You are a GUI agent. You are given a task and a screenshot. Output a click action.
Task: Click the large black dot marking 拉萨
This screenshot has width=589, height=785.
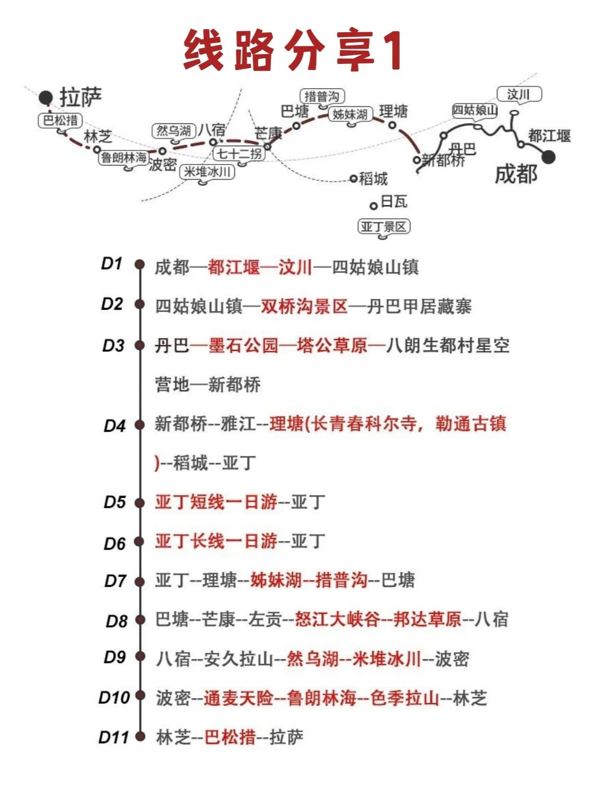click(46, 97)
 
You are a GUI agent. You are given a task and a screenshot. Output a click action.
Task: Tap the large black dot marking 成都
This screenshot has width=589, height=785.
click(548, 157)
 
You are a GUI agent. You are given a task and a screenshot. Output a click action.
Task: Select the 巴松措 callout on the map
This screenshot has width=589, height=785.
click(60, 121)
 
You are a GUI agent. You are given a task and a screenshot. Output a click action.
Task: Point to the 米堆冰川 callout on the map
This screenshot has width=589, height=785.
click(207, 172)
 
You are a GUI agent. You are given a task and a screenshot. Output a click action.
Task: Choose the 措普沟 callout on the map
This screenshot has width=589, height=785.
click(322, 96)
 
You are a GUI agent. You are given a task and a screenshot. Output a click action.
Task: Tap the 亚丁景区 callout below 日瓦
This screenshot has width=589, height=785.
click(383, 227)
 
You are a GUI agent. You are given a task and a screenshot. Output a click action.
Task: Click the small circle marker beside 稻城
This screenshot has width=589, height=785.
click(353, 178)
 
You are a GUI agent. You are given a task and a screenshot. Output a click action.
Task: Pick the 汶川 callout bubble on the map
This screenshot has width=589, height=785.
click(519, 95)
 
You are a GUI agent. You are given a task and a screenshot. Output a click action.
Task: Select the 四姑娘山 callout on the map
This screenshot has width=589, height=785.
click(475, 110)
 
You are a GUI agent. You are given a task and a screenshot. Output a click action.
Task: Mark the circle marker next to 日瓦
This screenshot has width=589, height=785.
click(374, 206)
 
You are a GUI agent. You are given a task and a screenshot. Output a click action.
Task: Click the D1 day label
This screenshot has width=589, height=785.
click(112, 263)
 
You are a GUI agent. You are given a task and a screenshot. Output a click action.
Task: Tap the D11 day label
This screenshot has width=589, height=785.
click(114, 737)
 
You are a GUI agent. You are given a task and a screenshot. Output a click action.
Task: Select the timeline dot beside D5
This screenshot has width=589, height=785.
click(140, 503)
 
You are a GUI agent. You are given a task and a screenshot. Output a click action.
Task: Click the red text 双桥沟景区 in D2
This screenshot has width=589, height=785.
click(304, 306)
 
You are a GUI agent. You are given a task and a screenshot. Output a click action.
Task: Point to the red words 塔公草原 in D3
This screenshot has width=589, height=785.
click(332, 346)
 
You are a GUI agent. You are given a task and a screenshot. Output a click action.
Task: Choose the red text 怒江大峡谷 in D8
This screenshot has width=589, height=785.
click(337, 619)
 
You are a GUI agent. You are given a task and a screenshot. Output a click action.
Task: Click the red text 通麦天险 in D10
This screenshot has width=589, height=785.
click(238, 698)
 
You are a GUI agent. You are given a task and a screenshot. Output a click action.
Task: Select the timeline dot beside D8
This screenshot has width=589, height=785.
click(140, 620)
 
